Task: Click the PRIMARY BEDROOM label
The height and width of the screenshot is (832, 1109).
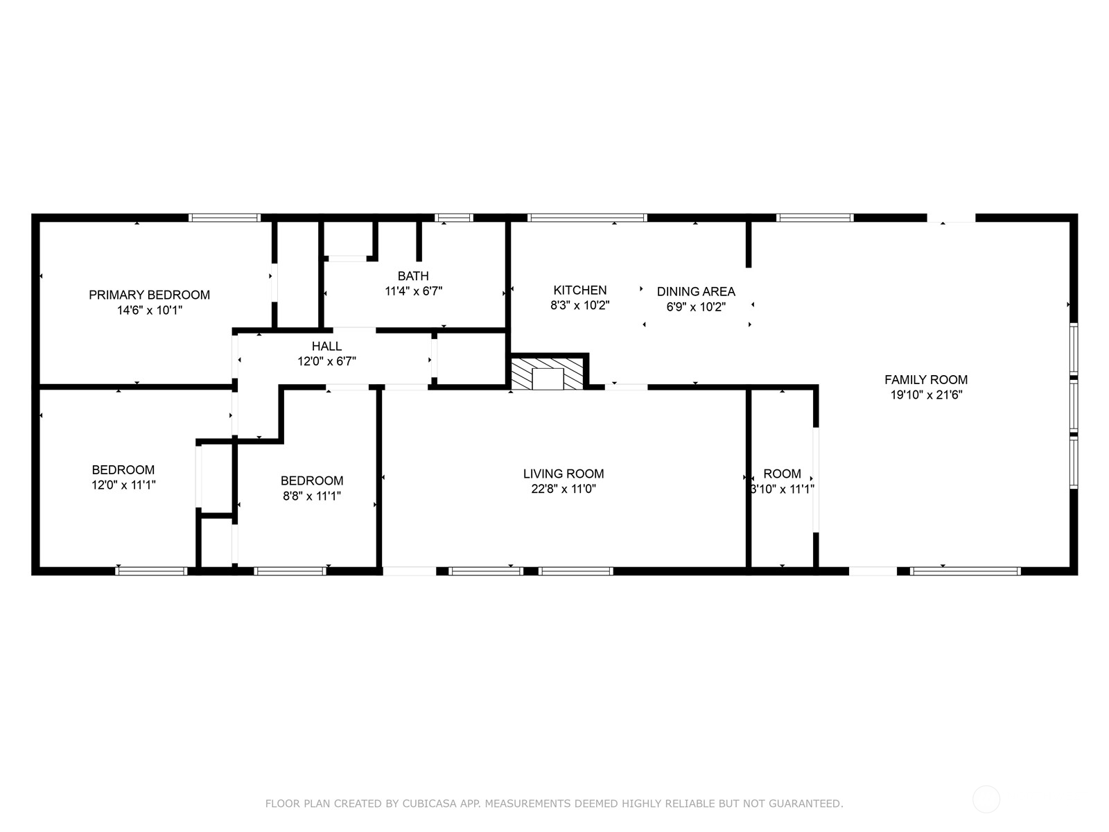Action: (x=149, y=295)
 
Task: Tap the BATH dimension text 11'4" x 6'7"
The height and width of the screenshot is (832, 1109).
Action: (x=413, y=291)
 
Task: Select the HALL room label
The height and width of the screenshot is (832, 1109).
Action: (x=326, y=346)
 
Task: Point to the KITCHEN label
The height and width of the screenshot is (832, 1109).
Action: (x=579, y=290)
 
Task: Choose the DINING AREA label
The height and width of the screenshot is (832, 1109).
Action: (x=695, y=291)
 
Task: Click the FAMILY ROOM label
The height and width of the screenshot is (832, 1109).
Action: (x=925, y=379)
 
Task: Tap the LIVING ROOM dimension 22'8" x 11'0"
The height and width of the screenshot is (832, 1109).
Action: (x=563, y=489)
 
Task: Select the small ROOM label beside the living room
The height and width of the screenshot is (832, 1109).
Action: (x=782, y=474)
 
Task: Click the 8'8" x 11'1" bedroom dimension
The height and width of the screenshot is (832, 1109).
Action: (x=311, y=496)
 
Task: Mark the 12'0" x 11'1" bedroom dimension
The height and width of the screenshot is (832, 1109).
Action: (x=123, y=485)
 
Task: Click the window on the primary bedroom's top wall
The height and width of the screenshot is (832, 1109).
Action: (x=225, y=218)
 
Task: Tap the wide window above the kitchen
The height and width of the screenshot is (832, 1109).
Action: (x=586, y=218)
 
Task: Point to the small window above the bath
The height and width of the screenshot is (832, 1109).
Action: (x=454, y=218)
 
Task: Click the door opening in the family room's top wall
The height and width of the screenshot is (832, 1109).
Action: (x=950, y=218)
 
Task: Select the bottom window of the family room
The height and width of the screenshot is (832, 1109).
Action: (x=965, y=571)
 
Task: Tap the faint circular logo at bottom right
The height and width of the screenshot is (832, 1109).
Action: (x=986, y=799)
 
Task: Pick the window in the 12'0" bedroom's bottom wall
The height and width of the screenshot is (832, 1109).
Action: (x=151, y=571)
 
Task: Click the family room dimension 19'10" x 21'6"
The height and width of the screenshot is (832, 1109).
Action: (x=926, y=395)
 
